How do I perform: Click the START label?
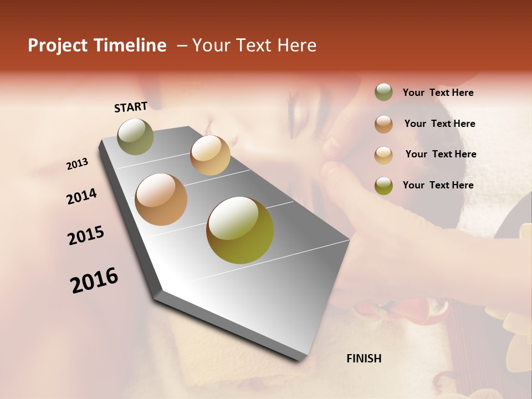131,106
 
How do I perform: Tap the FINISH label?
364,359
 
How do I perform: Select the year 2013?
77,164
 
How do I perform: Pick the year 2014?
81,197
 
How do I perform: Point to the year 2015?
86,236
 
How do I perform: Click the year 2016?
94,280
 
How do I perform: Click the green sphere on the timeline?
136,136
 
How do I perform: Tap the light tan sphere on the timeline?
210,155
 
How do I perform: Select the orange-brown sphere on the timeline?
161,199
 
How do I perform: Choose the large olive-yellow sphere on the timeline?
240,230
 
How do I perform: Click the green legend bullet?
383,93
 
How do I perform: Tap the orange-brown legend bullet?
383,124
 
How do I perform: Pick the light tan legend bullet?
383,155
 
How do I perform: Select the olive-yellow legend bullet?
383,186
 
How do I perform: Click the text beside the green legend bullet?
438,93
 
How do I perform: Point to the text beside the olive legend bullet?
438,185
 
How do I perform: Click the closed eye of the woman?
299,111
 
